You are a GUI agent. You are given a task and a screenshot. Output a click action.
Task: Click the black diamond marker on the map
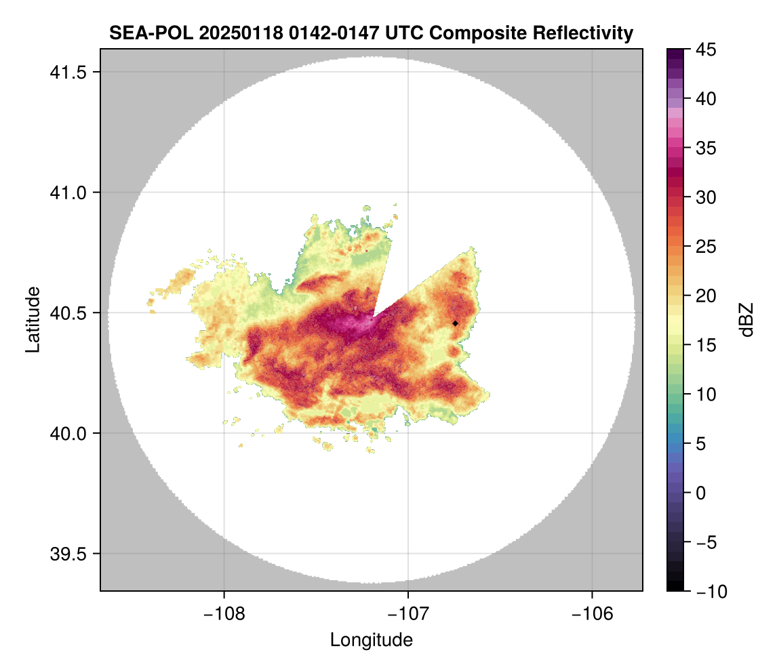[455, 323]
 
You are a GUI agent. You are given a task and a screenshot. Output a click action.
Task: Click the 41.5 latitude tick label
[67, 73]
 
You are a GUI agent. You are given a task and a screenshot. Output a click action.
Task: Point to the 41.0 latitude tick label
[67, 192]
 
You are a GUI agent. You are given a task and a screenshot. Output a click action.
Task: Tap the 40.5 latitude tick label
[67, 313]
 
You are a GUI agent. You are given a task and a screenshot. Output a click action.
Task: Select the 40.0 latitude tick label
[67, 433]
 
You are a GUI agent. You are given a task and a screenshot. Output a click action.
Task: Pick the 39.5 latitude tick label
[67, 554]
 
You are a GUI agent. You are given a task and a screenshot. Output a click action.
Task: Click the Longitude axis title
[371, 639]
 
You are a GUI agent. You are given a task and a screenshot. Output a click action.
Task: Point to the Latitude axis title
[32, 319]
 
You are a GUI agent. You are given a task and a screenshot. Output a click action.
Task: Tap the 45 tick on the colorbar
[706, 49]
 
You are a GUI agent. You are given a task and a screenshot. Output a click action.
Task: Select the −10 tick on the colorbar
[709, 592]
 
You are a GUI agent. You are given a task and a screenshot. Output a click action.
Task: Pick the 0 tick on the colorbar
[702, 493]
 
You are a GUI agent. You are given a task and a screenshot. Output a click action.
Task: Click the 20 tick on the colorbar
[706, 296]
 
